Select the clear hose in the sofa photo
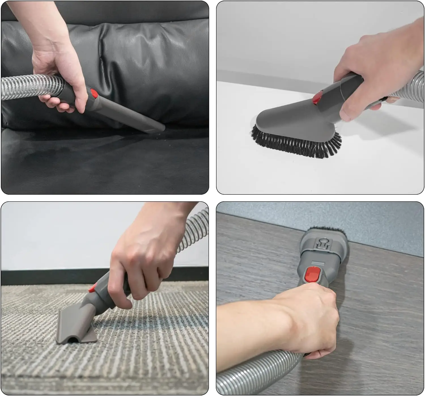(28, 87)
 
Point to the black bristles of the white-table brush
(297, 142)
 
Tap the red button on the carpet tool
(92, 288)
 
